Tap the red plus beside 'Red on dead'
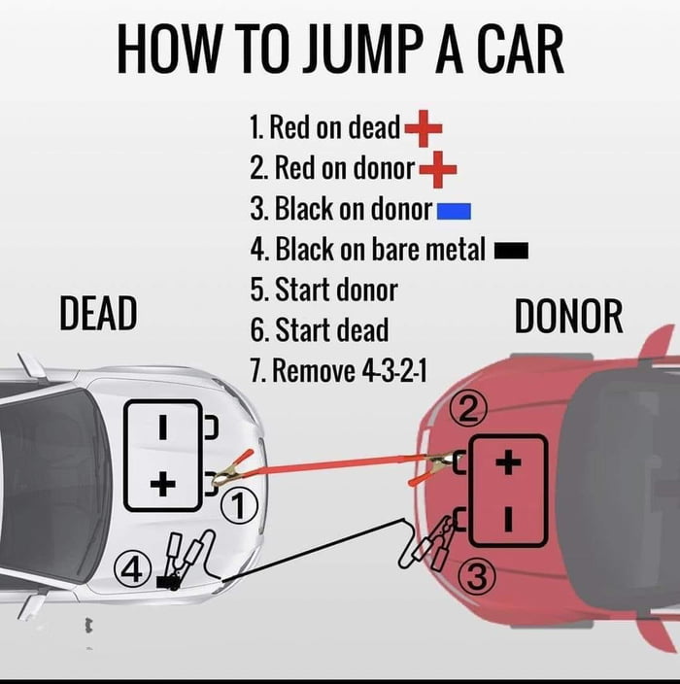[423, 127]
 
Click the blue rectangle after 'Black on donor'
[454, 210]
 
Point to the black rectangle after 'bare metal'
[511, 252]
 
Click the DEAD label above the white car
[97, 314]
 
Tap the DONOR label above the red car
[568, 318]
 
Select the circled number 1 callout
[239, 504]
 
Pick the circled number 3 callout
[476, 577]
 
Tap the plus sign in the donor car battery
[507, 463]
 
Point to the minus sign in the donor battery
[507, 519]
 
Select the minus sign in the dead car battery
[164, 426]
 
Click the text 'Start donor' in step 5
[335, 290]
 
